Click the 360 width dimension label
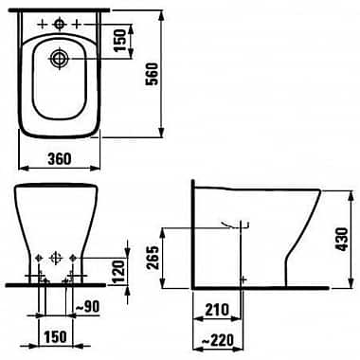coord(60,158)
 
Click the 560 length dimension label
coord(153,74)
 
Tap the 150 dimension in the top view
coord(120,41)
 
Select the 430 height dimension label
coord(342,239)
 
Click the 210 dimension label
coord(217,310)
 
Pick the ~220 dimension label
coord(218,340)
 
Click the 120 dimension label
coord(118,272)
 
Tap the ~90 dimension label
coord(87,306)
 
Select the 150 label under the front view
coord(55,336)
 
